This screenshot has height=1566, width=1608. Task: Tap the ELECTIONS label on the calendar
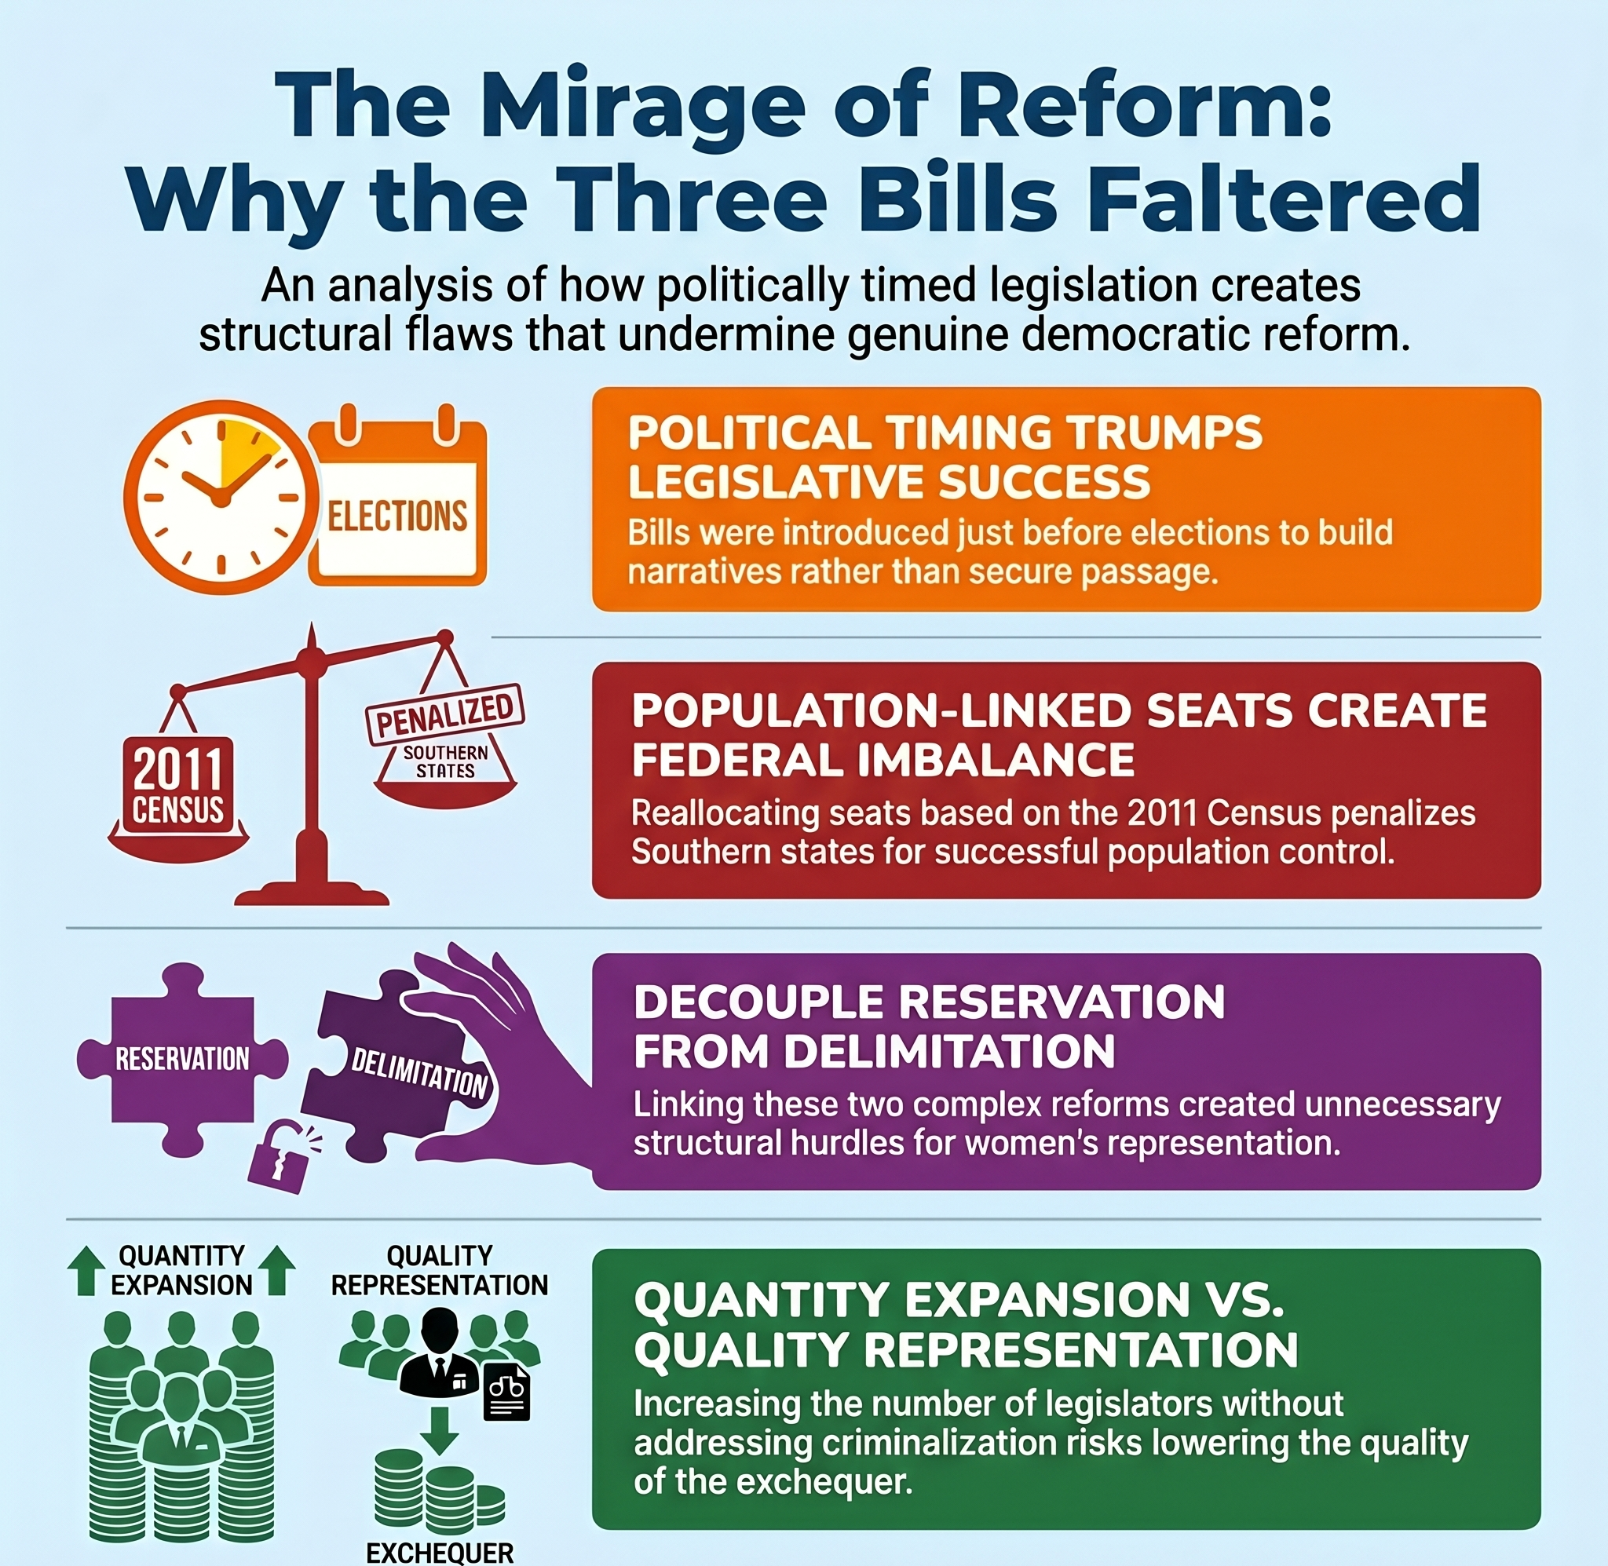pyautogui.click(x=397, y=517)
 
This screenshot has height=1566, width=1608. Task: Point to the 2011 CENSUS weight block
pyautogui.click(x=178, y=781)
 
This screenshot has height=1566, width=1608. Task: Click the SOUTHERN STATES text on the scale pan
pyautogui.click(x=445, y=761)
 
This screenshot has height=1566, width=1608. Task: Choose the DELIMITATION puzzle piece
pyautogui.click(x=395, y=1061)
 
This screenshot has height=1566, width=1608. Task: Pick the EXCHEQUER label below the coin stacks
pyautogui.click(x=440, y=1553)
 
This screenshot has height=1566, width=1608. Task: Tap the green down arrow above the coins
pyautogui.click(x=440, y=1430)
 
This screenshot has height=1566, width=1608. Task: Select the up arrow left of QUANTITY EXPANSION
pyautogui.click(x=86, y=1271)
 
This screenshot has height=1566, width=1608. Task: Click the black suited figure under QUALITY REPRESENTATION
pyautogui.click(x=440, y=1353)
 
